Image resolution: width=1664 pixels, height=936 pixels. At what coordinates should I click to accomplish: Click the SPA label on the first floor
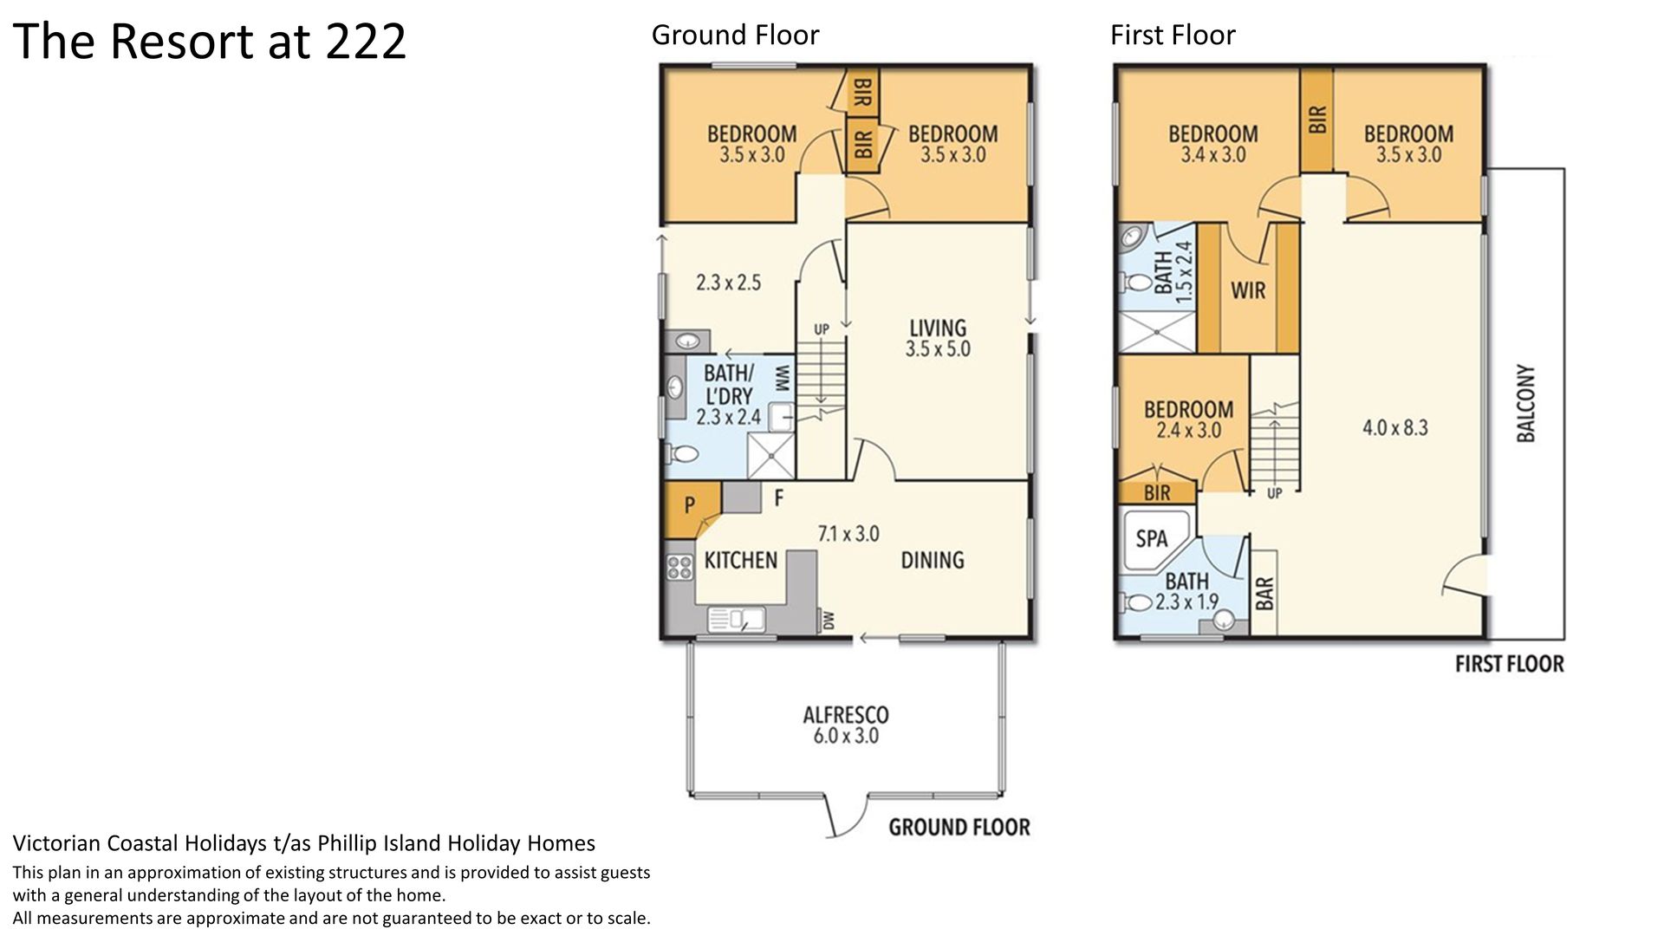click(1152, 538)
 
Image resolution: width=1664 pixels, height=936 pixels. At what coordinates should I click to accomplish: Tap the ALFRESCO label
click(846, 715)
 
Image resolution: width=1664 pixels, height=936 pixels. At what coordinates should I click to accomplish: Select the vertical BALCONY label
click(1526, 403)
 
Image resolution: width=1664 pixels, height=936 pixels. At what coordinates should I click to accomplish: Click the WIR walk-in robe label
click(1248, 290)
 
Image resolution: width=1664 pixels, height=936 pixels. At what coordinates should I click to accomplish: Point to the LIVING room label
click(938, 328)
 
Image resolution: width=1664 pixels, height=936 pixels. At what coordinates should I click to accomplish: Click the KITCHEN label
click(741, 560)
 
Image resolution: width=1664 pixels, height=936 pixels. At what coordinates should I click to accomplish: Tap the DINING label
click(933, 560)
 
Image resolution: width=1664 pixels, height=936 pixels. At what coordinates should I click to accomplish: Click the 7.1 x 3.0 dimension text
click(848, 534)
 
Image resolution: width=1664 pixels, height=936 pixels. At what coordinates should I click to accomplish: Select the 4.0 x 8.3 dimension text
click(1395, 427)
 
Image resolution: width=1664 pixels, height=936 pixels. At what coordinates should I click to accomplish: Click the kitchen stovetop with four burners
click(680, 569)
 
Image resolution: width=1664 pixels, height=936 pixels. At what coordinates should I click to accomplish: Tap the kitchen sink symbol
click(737, 619)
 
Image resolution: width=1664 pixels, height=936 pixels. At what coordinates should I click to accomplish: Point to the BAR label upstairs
click(1264, 594)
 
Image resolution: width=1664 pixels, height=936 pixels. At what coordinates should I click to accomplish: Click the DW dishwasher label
click(829, 620)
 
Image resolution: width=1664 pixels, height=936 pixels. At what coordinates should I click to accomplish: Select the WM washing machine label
click(783, 377)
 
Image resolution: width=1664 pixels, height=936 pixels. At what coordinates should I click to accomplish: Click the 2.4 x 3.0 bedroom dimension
click(1188, 430)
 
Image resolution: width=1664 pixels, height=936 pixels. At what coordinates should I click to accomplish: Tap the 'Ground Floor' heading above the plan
click(735, 35)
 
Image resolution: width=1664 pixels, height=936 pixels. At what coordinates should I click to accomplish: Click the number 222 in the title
click(365, 41)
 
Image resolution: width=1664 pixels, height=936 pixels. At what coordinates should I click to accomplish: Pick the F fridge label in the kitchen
click(779, 498)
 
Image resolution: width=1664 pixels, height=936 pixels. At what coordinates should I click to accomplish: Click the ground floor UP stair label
click(822, 329)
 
